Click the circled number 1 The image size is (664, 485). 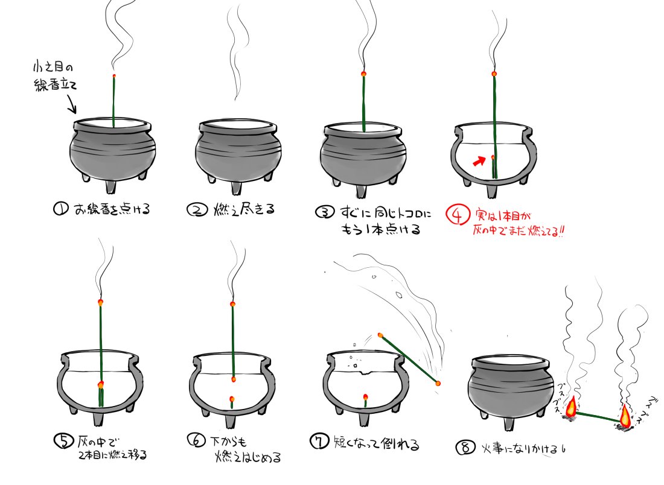(60, 208)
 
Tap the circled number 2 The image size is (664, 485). (197, 209)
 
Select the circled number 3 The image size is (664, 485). (325, 212)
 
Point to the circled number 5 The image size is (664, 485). (64, 440)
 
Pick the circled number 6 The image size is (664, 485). (197, 440)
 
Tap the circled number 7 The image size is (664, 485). (319, 442)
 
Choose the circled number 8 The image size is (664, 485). (465, 448)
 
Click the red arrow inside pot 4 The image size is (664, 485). (479, 161)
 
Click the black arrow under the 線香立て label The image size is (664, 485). (71, 104)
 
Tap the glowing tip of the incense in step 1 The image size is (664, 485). (114, 76)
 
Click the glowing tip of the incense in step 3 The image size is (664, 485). (363, 74)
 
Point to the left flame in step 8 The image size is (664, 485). (571, 405)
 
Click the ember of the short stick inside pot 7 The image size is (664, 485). (365, 397)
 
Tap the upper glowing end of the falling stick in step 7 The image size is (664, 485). (380, 335)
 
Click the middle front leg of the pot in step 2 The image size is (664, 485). (236, 186)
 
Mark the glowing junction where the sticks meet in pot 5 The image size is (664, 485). (101, 385)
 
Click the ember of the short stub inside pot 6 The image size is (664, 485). (232, 399)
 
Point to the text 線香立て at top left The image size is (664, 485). (55, 85)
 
